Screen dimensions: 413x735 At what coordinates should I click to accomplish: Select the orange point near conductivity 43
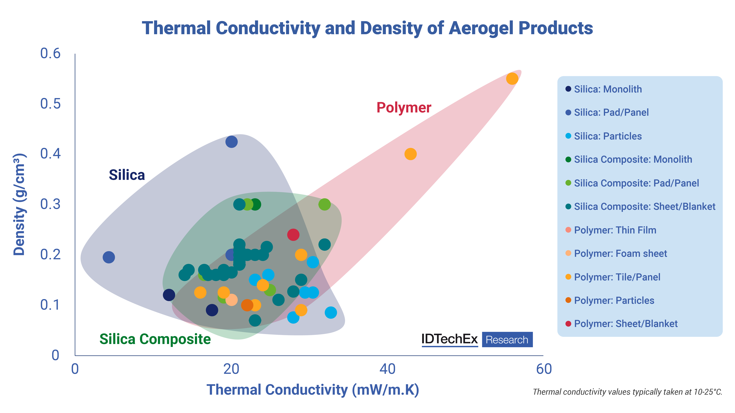coord(410,154)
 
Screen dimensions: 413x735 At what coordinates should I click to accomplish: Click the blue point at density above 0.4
coord(231,142)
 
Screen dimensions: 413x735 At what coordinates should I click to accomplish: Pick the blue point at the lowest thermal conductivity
coord(109,257)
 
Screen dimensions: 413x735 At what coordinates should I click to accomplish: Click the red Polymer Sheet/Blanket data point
coord(293,235)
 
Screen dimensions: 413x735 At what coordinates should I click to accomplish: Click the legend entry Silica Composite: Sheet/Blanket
coord(644,206)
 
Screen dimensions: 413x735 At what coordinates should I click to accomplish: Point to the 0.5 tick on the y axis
coord(51,104)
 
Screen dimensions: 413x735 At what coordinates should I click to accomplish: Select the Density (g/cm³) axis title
coord(19,204)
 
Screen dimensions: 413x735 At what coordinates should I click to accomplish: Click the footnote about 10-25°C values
coord(627,392)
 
